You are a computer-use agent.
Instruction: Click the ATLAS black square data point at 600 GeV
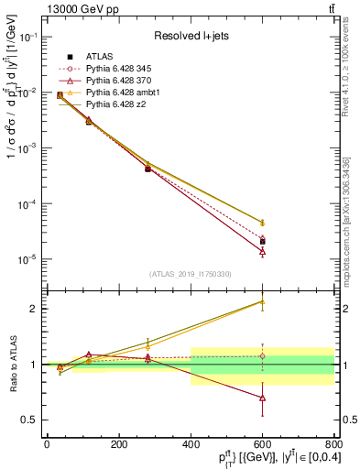(263, 242)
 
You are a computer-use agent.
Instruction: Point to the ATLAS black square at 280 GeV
(147, 169)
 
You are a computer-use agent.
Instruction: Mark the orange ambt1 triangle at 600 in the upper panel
(263, 223)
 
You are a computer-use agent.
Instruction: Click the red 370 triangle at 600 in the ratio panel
(263, 398)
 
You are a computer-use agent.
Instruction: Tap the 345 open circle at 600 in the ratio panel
(263, 356)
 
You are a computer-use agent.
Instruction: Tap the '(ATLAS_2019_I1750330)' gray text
(189, 273)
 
